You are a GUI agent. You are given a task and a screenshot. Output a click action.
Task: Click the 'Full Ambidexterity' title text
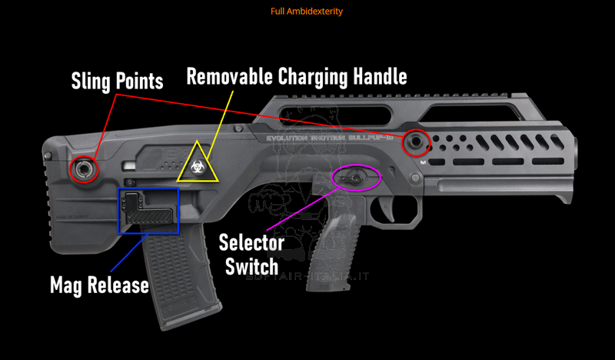(307, 12)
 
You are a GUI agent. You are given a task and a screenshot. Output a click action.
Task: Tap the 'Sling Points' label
(117, 80)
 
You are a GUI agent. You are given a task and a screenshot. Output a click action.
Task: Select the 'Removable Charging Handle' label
(297, 77)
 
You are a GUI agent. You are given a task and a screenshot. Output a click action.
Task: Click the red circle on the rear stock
(84, 168)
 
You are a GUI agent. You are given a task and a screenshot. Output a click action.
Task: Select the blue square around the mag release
(148, 209)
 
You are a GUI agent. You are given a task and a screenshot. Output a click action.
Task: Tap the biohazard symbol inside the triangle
(198, 166)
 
